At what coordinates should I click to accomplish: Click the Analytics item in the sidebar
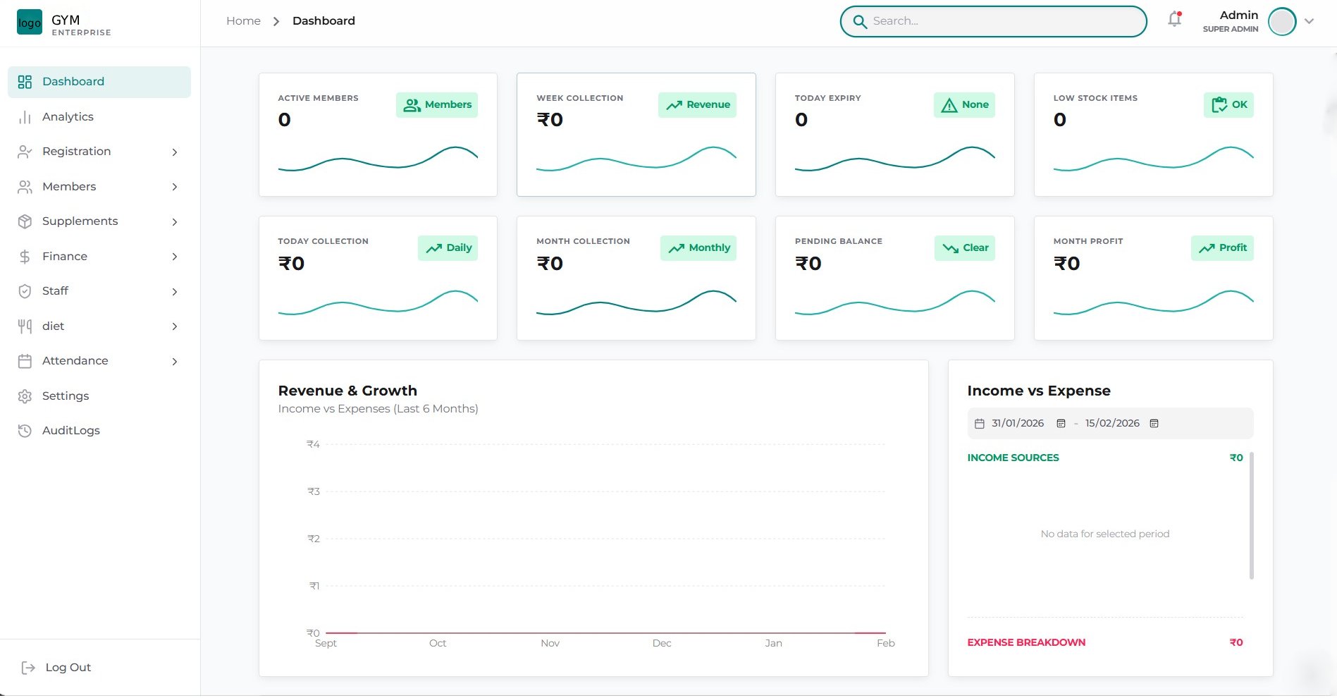68,116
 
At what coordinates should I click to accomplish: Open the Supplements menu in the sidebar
80,221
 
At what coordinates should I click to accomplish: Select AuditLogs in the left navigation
70,431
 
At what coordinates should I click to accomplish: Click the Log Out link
68,668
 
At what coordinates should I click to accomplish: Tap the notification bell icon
1174,20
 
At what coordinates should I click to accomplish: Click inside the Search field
1001,21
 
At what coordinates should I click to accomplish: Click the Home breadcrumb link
243,21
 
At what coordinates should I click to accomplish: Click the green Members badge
437,105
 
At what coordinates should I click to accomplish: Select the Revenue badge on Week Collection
698,105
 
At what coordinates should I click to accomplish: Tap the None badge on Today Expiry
964,105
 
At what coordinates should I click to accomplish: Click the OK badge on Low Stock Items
1228,105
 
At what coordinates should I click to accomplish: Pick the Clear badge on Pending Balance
965,248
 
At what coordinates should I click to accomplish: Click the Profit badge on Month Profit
1223,248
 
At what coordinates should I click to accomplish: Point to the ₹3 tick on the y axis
314,491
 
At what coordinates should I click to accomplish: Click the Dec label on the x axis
662,644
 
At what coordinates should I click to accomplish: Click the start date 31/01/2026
1017,424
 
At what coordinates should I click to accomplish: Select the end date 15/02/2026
1111,424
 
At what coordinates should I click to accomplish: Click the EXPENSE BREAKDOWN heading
1026,643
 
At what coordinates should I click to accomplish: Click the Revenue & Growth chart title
347,391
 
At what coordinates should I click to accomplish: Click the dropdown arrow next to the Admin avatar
1309,21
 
